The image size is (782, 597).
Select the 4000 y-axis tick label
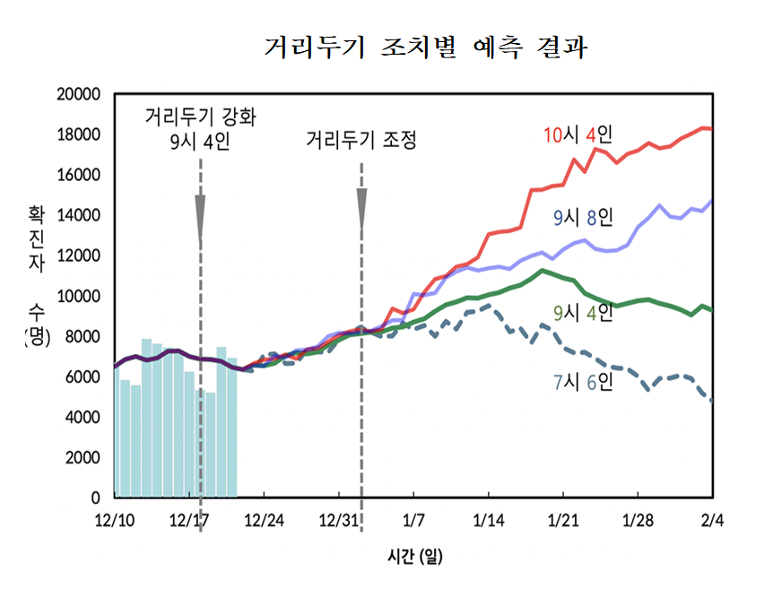click(80, 417)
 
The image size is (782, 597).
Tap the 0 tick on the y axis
click(93, 497)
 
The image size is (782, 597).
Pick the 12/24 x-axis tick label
click(263, 520)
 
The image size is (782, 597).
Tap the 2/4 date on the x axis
click(712, 520)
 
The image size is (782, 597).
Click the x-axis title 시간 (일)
click(413, 557)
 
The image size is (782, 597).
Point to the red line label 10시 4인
click(578, 135)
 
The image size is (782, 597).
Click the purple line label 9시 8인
click(583, 217)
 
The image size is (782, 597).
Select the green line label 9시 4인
click(583, 312)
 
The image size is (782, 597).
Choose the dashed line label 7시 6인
click(583, 382)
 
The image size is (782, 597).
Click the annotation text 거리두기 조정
click(361, 141)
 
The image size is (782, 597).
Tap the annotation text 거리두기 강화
click(200, 117)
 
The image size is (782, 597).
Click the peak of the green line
click(542, 270)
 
